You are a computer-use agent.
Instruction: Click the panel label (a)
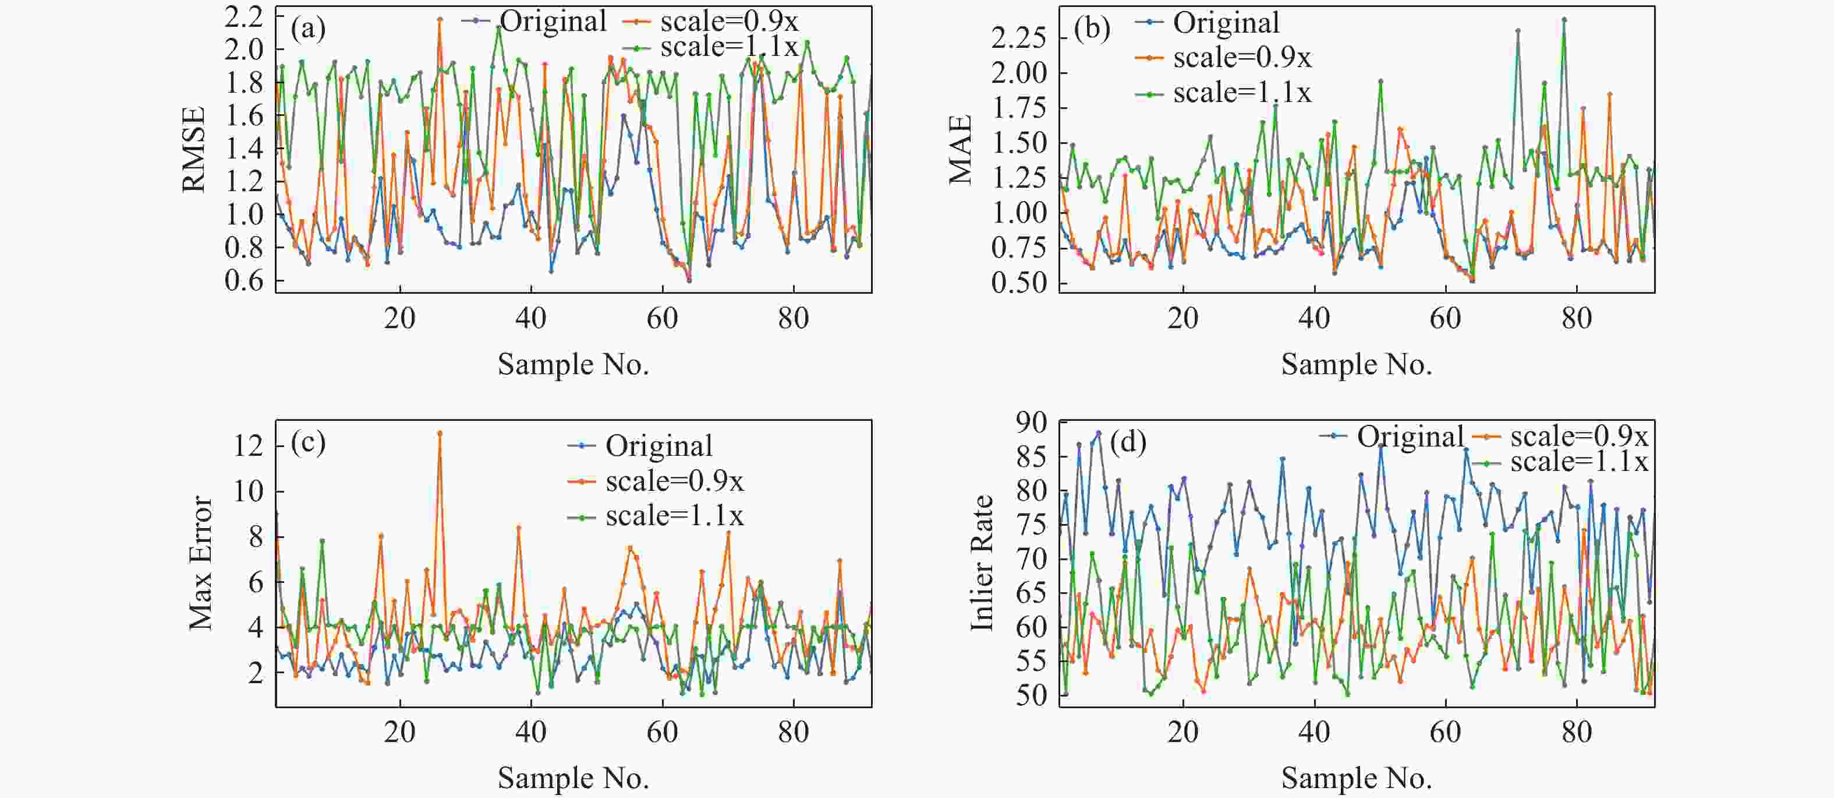pyautogui.click(x=307, y=30)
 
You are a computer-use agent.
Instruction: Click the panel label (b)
pyautogui.click(x=1092, y=30)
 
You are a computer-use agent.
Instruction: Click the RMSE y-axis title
pyautogui.click(x=194, y=150)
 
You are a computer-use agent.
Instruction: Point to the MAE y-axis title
pyautogui.click(x=961, y=150)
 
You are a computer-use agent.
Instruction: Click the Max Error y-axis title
pyautogui.click(x=201, y=563)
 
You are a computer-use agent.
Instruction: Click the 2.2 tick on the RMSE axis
pyautogui.click(x=243, y=17)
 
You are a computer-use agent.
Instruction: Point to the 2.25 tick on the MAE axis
pyautogui.click(x=1019, y=38)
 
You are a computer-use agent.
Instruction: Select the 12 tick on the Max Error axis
pyautogui.click(x=249, y=447)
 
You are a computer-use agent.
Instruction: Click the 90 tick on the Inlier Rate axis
pyautogui.click(x=1032, y=423)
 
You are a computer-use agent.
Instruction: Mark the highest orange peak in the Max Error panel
pyautogui.click(x=439, y=433)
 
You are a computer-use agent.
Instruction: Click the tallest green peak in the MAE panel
pyautogui.click(x=1564, y=20)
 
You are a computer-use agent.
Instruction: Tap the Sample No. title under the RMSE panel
pyautogui.click(x=573, y=365)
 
